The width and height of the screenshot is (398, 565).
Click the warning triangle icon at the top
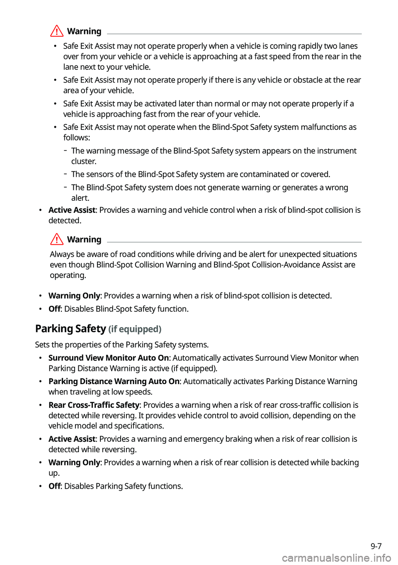point(57,31)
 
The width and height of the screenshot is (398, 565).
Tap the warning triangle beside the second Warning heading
point(57,239)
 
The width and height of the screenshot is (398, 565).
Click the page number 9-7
point(376,546)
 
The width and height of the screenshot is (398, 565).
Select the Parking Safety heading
point(70,329)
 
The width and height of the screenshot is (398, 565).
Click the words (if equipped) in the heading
point(135,329)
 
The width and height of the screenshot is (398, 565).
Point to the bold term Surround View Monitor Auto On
point(109,358)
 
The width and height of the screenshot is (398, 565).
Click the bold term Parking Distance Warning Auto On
point(114,382)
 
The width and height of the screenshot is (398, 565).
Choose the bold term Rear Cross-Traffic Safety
point(94,405)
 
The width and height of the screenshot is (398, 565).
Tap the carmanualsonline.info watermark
point(336,558)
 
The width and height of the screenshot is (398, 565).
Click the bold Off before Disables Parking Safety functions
point(54,486)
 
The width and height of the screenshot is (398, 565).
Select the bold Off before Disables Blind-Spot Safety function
point(54,309)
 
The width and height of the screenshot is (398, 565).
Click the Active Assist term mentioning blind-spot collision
point(72,210)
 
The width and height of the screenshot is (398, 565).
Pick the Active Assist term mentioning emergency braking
point(72,439)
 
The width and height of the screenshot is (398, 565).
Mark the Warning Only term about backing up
point(74,463)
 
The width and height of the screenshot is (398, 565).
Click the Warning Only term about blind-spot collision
point(74,296)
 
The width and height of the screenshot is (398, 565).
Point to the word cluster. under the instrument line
point(84,161)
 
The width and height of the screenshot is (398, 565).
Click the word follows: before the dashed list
point(77,138)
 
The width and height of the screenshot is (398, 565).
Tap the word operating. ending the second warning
point(68,275)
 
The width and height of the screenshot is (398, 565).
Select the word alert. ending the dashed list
point(80,198)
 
